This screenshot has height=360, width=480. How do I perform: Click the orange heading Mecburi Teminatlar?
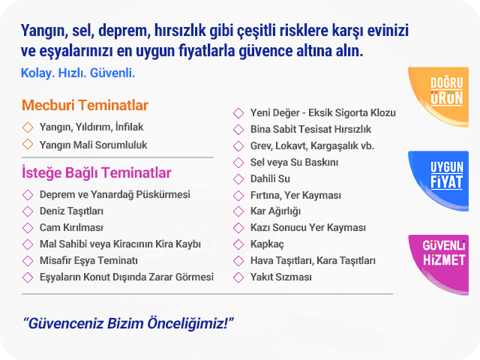tap(85, 105)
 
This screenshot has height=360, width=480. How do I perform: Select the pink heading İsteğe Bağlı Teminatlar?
tap(97, 172)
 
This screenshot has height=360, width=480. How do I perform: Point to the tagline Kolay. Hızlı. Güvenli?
tap(78, 73)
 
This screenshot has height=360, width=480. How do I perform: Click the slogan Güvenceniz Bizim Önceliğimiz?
tap(128, 323)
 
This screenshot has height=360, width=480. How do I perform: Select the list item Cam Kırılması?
tap(71, 228)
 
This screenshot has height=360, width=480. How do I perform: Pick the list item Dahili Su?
tap(270, 178)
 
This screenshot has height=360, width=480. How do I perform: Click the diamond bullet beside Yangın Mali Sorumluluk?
tap(28, 144)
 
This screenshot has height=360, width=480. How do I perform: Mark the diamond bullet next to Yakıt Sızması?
tap(238, 277)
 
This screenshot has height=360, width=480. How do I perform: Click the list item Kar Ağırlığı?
tap(275, 211)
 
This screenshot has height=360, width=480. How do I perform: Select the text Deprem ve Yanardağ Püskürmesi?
tap(115, 195)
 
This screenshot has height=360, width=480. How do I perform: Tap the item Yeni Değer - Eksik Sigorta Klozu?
tap(323, 113)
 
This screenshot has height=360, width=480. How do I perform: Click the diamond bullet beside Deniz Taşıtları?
tap(28, 211)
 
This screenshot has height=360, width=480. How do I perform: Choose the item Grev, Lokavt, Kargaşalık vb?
tap(312, 146)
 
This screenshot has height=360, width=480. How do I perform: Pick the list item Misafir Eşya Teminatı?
tap(88, 261)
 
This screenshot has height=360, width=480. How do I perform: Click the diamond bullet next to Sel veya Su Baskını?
tap(238, 162)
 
